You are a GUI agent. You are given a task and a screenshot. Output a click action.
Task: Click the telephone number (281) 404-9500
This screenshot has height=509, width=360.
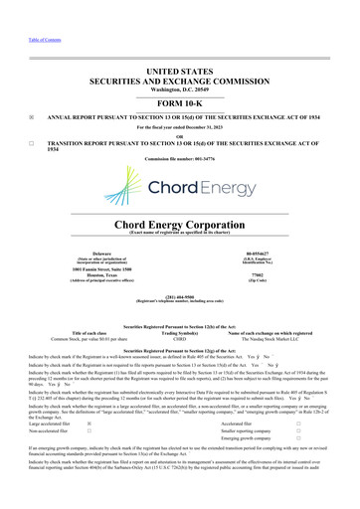[179, 294]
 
